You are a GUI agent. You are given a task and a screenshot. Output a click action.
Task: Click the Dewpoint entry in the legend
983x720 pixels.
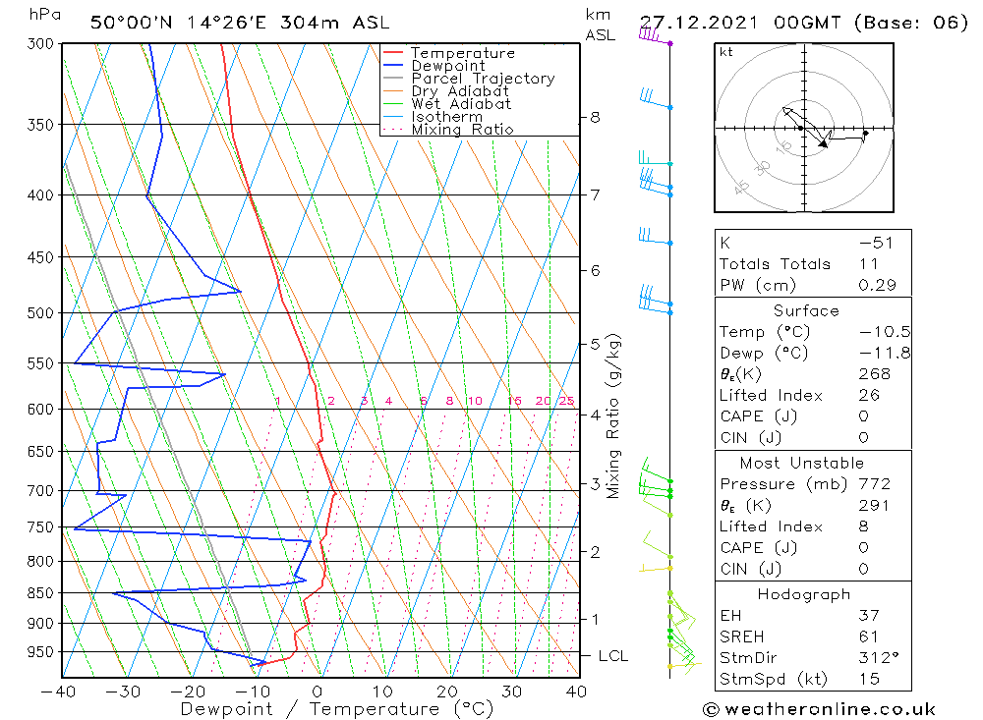click(447, 66)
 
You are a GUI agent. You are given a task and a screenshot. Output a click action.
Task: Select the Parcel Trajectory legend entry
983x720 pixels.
click(483, 79)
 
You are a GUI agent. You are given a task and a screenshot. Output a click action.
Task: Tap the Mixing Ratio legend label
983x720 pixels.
click(462, 130)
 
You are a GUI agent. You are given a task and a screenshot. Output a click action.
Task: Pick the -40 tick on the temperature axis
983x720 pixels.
click(61, 692)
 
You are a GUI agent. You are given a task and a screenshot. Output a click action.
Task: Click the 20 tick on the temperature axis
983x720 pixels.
click(448, 692)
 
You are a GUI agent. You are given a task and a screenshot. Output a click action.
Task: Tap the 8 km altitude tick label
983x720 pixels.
click(595, 117)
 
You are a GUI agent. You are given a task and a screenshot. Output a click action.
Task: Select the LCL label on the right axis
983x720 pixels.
click(612, 656)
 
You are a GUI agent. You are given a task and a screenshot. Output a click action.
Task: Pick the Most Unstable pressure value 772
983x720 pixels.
click(874, 484)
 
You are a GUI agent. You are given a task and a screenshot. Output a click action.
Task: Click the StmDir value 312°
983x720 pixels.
click(874, 658)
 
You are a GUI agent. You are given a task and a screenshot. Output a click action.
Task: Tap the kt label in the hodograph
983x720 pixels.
click(726, 52)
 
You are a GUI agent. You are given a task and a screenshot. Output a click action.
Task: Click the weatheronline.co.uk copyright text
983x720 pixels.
click(819, 709)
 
